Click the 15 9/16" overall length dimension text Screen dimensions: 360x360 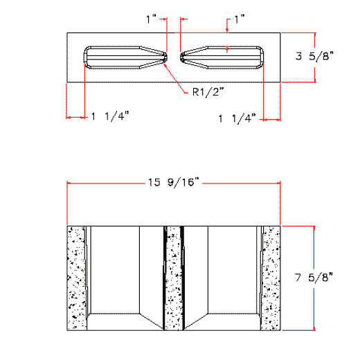(173, 183)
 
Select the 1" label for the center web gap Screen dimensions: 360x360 (152, 20)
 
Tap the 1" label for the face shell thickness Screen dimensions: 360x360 (240, 21)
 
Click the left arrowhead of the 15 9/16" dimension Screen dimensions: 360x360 (69, 183)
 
